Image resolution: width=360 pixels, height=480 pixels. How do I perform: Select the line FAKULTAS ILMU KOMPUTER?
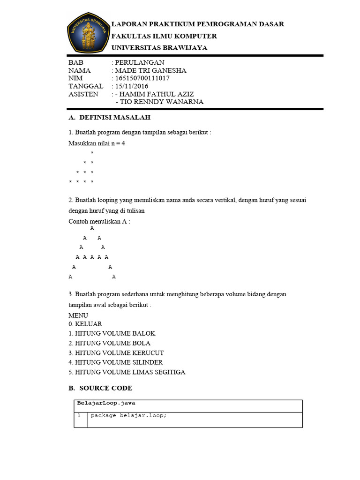164,36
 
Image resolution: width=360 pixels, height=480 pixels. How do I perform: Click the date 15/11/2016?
132,86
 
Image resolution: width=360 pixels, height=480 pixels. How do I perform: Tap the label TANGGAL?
86,86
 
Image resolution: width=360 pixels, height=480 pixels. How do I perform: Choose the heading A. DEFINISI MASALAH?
109,117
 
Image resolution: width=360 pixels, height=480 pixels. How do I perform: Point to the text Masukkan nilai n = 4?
97,143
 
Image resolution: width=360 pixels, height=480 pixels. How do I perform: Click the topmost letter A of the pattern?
92,228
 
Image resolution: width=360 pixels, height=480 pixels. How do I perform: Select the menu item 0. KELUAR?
85,324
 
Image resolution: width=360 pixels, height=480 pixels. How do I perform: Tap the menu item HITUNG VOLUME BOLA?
106,343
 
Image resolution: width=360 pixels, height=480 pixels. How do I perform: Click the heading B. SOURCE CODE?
100,388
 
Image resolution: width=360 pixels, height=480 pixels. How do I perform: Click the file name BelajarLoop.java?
106,403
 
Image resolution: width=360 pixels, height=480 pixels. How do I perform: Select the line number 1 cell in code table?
80,415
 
